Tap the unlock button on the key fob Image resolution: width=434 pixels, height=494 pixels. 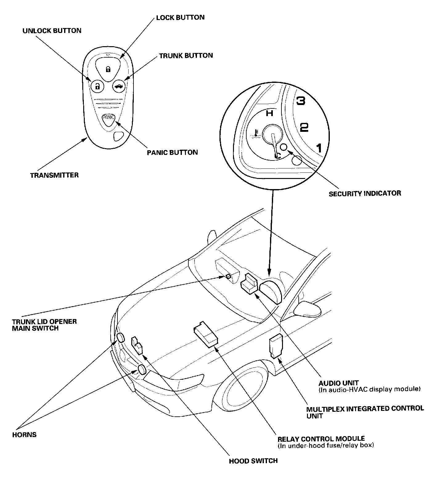click(97, 86)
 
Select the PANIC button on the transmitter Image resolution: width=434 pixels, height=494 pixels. click(109, 119)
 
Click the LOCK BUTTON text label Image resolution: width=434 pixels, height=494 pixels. click(180, 17)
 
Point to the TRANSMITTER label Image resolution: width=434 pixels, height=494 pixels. click(54, 175)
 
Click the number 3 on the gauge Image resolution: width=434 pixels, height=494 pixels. click(300, 101)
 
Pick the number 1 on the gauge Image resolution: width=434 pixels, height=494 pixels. click(319, 148)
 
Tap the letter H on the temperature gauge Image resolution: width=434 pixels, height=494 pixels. click(270, 113)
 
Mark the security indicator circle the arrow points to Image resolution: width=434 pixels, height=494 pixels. click(284, 147)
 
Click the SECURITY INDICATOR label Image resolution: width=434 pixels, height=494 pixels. click(365, 193)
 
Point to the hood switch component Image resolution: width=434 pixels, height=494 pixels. click(137, 345)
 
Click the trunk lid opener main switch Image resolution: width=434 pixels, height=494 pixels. click(228, 276)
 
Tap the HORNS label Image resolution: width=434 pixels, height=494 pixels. click(24, 435)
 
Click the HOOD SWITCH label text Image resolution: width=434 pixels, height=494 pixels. click(253, 461)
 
